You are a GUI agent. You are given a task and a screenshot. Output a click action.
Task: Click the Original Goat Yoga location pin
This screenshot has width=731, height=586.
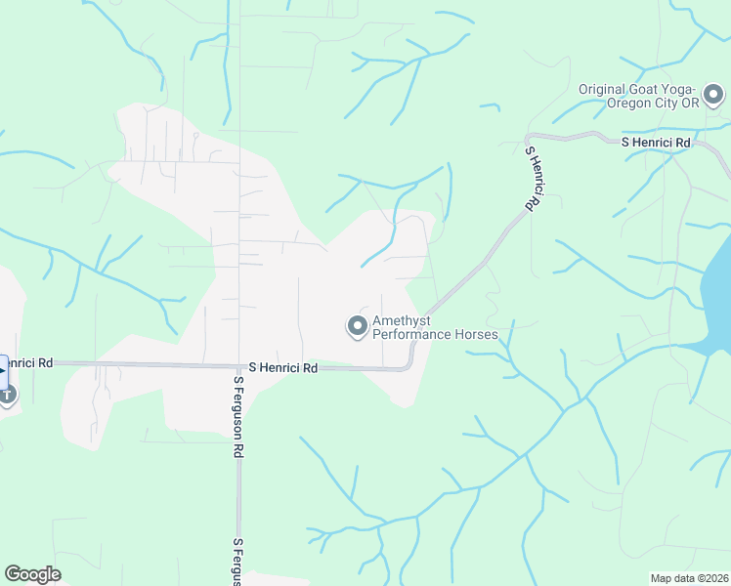tap(713, 96)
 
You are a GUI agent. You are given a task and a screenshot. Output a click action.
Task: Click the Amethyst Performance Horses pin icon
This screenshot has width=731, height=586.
tap(358, 326)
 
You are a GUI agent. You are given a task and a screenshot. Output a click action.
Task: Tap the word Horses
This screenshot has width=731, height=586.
tap(479, 334)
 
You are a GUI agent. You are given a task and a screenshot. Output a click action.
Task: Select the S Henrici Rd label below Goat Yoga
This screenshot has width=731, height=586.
tap(657, 143)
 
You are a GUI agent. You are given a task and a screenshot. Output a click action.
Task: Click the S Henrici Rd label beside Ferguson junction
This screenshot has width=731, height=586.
tap(283, 368)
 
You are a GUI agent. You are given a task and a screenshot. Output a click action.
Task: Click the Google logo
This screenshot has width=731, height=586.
tap(32, 574)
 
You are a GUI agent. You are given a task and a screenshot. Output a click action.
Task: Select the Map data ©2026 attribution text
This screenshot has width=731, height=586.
tap(689, 578)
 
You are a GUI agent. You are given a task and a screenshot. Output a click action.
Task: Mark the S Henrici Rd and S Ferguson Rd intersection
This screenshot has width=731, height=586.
tap(238, 366)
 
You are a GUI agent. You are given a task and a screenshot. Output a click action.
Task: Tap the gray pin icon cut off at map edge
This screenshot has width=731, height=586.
tap(7, 394)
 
